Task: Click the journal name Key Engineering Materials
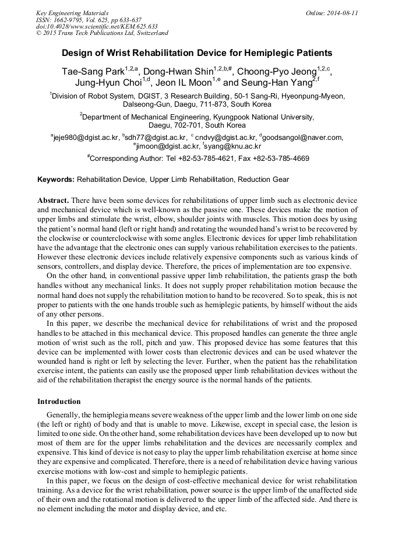72,13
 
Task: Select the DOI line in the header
97,26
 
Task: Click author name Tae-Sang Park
94,72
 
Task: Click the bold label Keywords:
56,180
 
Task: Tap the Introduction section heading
59,402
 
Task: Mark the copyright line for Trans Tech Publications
102,33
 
